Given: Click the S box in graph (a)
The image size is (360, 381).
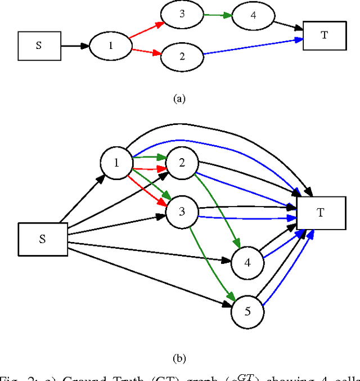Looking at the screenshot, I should coord(38,46).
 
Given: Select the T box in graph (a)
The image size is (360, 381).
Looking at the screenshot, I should coord(325,35).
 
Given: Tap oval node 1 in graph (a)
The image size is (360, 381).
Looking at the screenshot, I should coord(111,46).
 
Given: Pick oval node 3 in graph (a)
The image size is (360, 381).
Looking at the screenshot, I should coord(182,14).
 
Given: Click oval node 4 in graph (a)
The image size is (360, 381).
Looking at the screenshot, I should coord(253,16).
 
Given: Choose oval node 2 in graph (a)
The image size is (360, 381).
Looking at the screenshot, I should coord(182,56).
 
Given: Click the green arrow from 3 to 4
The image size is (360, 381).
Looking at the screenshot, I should coord(217,15).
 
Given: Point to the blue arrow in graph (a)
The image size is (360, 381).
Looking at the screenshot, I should coord(253,47).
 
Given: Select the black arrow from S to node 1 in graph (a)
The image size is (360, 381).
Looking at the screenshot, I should coord(75,46).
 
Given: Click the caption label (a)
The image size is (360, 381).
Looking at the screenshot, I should coord(179,98).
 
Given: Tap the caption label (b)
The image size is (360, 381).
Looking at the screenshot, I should coord(179,358).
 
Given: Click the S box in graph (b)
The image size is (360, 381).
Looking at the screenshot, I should coord(43,239).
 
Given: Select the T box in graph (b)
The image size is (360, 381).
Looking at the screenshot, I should coord(321,213).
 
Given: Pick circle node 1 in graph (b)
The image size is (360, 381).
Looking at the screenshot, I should coord(116,163).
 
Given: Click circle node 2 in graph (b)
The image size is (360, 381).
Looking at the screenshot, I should coord(182,163).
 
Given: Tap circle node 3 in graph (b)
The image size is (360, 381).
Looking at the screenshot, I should coord(182,212).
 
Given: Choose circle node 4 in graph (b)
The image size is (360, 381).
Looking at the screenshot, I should coord(247,262).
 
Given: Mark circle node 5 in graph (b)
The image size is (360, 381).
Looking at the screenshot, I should coord(247,311).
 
